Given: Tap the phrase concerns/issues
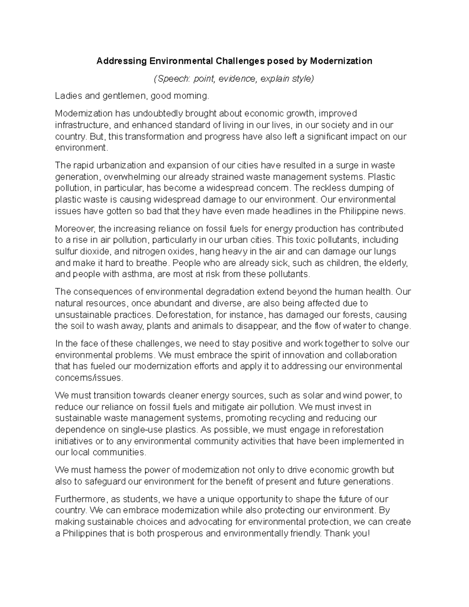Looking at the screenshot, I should tap(89, 378).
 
